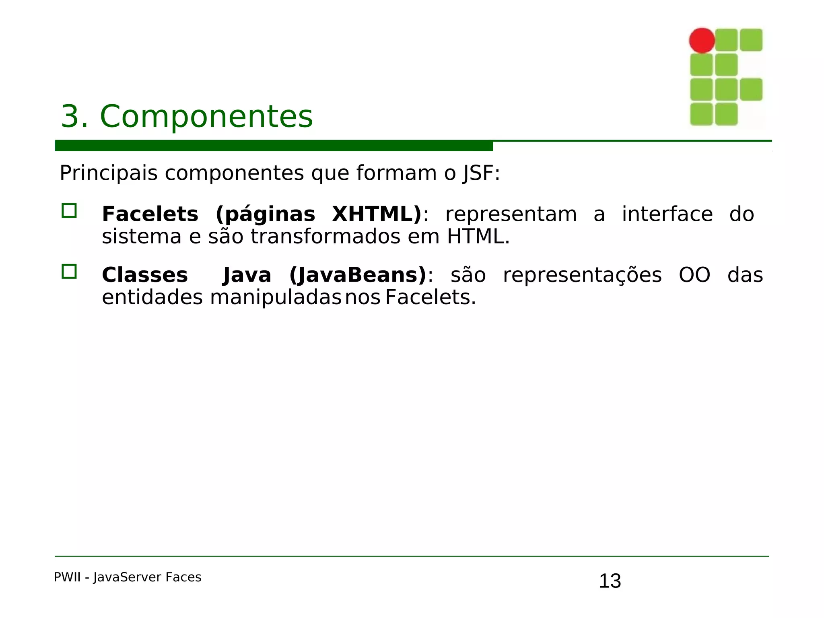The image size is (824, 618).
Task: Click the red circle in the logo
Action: tap(702, 40)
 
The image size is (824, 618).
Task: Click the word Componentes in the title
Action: tap(206, 117)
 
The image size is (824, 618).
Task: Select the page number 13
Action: tap(610, 581)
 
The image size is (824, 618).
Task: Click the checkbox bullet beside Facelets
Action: tap(69, 211)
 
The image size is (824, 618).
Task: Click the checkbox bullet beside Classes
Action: tap(69, 272)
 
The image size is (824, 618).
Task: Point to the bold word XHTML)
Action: tap(377, 214)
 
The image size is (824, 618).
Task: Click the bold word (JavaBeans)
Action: tap(358, 276)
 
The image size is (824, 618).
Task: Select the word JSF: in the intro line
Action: tap(481, 174)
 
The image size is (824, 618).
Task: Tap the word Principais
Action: tap(108, 173)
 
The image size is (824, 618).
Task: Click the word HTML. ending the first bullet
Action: tap(478, 237)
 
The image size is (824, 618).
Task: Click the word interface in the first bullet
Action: tap(667, 214)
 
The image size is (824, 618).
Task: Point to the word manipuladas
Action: tap(276, 298)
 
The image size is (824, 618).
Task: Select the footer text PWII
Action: tap(67, 577)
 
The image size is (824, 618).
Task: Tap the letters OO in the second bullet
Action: tap(694, 276)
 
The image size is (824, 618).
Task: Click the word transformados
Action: tap(325, 237)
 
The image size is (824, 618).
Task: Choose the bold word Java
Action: tap(247, 276)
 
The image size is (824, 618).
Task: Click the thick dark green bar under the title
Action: tap(274, 146)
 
